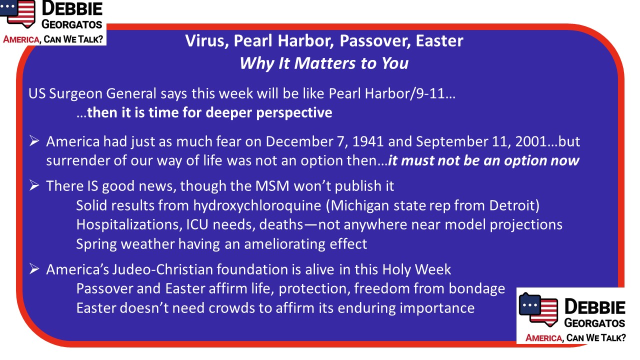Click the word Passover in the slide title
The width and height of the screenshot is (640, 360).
coord(375,41)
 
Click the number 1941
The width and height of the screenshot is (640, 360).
coord(367,141)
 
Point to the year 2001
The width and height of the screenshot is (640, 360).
coord(531,141)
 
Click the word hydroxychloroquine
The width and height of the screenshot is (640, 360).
coord(257,205)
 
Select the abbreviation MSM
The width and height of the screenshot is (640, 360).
coord(272,186)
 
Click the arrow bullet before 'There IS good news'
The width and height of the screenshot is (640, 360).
coord(34,185)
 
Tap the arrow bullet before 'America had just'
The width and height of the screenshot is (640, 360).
coord(34,141)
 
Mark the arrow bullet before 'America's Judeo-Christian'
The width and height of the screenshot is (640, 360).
coord(34,269)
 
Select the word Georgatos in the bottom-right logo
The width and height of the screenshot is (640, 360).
coord(594,323)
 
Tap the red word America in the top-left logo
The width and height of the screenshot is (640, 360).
coord(21,39)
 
